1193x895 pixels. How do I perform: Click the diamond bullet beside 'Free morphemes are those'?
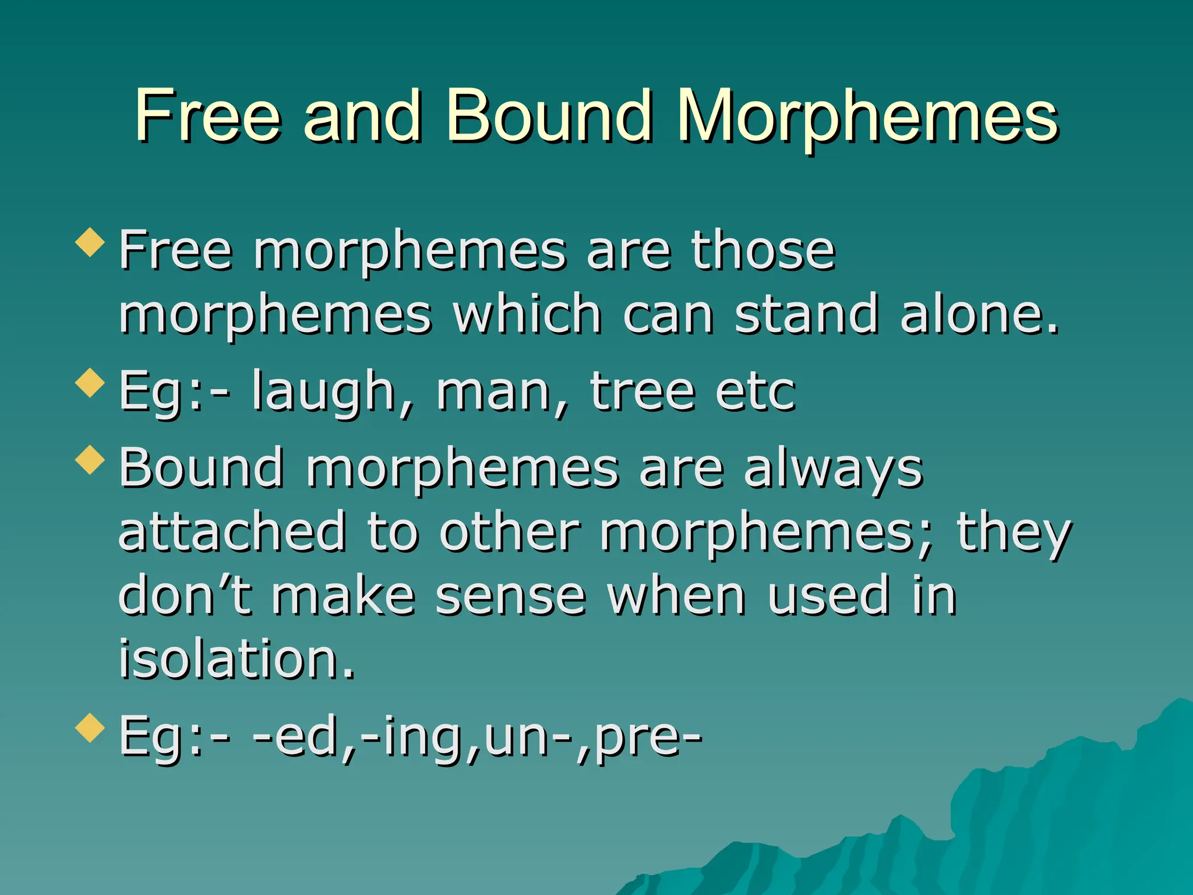coord(90,242)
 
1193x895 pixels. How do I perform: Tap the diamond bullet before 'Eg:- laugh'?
coord(90,383)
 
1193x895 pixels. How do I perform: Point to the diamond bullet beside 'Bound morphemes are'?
coord(90,460)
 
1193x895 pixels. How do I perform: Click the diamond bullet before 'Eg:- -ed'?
coord(90,728)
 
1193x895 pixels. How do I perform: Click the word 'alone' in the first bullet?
coord(979,315)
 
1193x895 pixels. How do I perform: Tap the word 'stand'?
coord(806,315)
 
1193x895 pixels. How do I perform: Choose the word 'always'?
coord(833,470)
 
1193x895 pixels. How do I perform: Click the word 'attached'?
coord(232,531)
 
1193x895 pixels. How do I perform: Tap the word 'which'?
coord(527,315)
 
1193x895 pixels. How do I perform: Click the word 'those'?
coord(763,251)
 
